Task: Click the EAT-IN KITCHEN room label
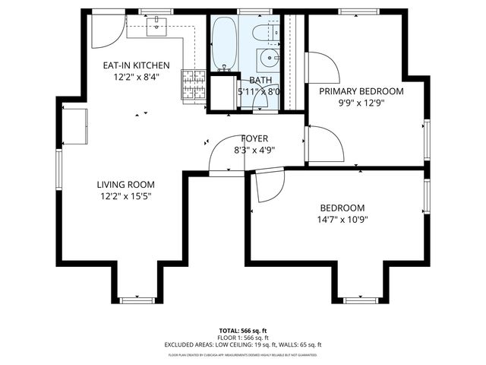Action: point(137,65)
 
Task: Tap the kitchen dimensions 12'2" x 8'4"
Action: point(137,77)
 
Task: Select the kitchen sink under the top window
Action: point(158,27)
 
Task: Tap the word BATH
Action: point(260,80)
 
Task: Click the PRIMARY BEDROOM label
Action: point(361,91)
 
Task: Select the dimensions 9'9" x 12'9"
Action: point(361,103)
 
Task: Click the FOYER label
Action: point(254,138)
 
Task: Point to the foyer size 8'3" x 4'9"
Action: point(254,150)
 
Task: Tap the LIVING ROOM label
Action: point(125,184)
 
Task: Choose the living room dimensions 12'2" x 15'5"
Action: point(125,195)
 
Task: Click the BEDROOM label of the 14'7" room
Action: point(342,208)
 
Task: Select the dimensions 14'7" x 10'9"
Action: point(342,220)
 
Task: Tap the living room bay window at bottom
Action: point(137,300)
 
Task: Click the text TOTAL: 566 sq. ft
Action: point(243,331)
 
